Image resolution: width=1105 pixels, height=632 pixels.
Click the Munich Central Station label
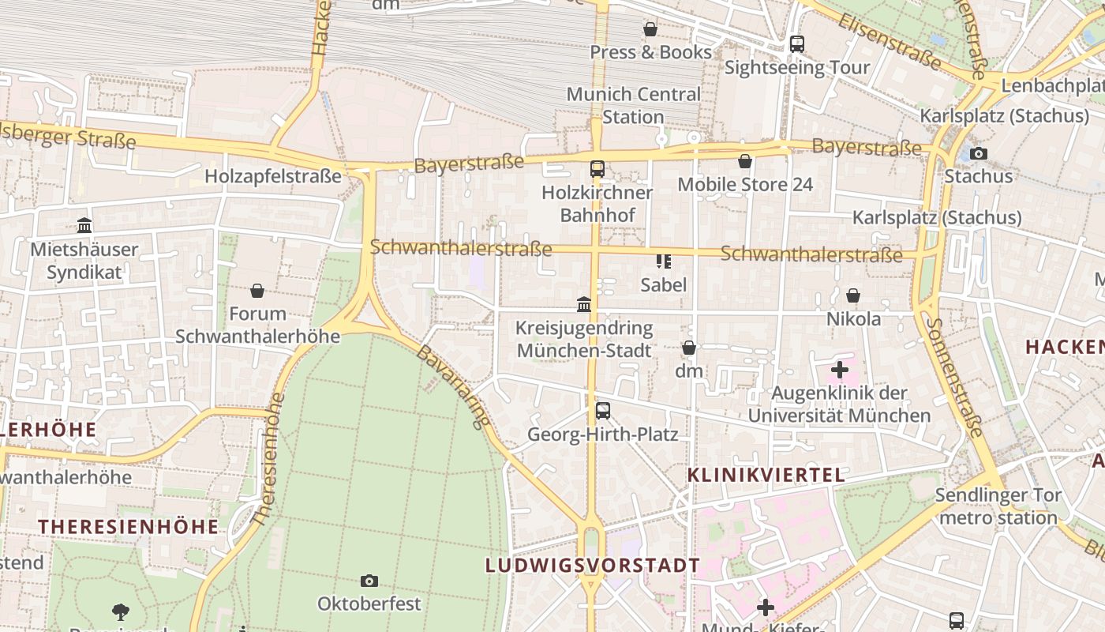(633, 105)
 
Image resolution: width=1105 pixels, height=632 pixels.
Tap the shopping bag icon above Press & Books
(650, 29)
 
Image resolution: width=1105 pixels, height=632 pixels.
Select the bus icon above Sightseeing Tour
(797, 44)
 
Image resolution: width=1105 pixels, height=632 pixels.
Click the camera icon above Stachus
(979, 153)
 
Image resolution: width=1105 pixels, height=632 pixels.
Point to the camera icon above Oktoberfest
(369, 581)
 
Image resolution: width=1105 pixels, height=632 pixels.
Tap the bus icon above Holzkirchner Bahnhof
(597, 169)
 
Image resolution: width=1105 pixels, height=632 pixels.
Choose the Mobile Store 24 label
(745, 184)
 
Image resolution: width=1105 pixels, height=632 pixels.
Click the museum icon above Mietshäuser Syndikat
(84, 226)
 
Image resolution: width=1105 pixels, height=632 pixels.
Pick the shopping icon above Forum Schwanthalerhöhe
(257, 291)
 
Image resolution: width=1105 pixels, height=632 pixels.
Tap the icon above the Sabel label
(663, 261)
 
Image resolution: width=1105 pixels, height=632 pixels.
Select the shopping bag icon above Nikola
(853, 295)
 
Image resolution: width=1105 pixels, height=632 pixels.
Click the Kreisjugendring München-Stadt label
(584, 339)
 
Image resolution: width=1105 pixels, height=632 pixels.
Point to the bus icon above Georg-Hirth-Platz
(603, 411)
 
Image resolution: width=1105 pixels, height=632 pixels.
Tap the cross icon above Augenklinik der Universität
(839, 369)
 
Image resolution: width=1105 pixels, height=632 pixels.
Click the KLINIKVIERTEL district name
(766, 475)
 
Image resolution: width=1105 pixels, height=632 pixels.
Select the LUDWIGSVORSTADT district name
(593, 566)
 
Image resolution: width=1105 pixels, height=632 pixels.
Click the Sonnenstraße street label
(956, 377)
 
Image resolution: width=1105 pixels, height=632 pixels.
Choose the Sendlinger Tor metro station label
(998, 506)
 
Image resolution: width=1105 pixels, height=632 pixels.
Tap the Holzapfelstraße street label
(273, 176)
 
